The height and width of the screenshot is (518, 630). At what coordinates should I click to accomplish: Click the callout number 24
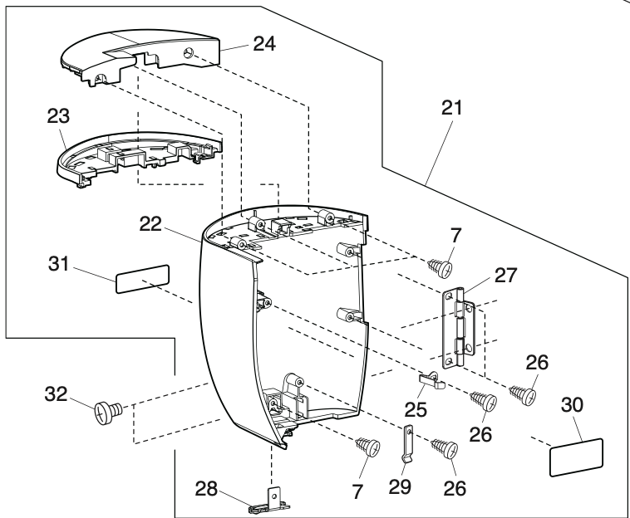tap(265, 44)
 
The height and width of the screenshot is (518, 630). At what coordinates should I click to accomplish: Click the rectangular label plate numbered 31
tap(142, 280)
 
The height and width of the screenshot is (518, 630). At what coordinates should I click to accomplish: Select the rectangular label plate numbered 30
tap(575, 456)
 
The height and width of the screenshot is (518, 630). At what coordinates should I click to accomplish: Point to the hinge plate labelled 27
tap(456, 327)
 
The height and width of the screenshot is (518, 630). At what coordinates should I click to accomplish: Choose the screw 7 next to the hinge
tap(441, 266)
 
